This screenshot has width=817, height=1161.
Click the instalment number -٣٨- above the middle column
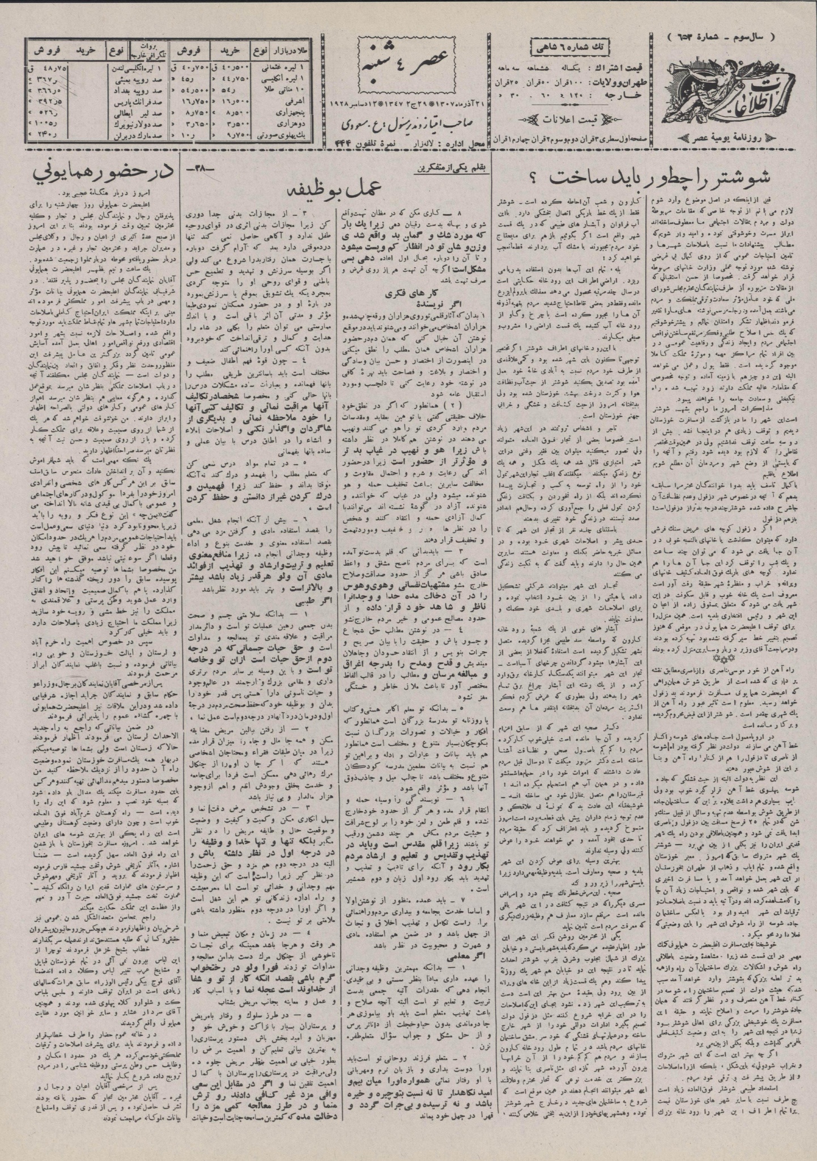(x=195, y=168)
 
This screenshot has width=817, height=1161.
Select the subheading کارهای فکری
(x=398, y=295)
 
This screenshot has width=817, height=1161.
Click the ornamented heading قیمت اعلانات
(x=572, y=119)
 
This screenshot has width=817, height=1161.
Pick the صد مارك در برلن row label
(x=129, y=137)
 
